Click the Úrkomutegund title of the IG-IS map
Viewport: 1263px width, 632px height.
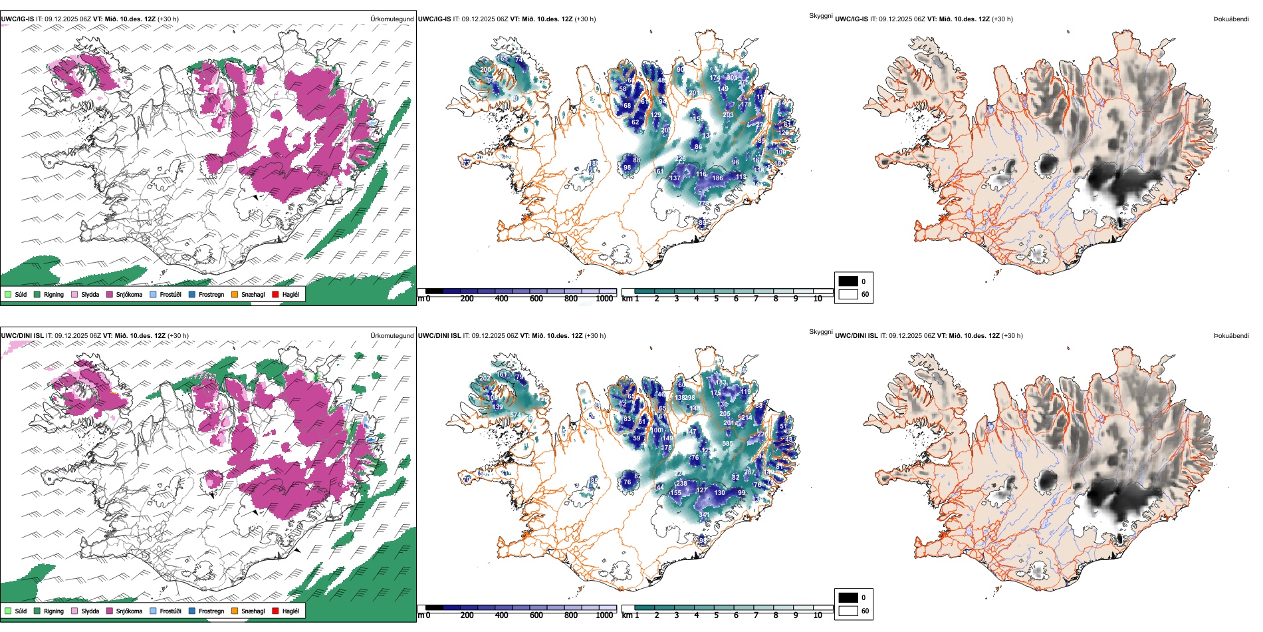point(392,19)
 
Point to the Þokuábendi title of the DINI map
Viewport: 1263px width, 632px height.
point(1231,336)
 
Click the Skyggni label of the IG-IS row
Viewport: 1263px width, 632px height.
point(820,16)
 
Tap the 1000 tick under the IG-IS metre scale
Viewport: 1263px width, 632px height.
point(604,299)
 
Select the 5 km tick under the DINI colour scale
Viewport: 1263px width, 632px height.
point(717,615)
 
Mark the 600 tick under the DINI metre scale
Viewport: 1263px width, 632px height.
point(536,615)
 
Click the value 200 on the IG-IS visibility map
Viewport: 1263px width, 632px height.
point(486,70)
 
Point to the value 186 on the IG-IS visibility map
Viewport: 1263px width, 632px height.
point(717,178)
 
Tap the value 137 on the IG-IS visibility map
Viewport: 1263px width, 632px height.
point(675,178)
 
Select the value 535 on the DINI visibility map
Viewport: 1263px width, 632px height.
point(728,444)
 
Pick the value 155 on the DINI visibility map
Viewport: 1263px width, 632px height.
point(675,493)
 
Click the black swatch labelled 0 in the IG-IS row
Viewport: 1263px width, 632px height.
point(848,281)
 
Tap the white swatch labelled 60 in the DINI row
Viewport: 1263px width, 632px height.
point(848,611)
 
